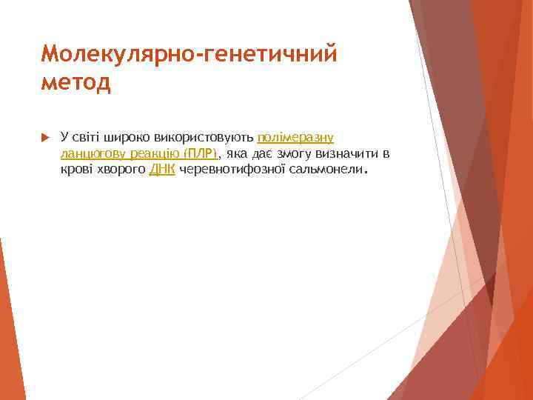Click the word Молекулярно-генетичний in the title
(189, 53)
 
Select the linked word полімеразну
(295, 138)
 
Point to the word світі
(86, 138)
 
